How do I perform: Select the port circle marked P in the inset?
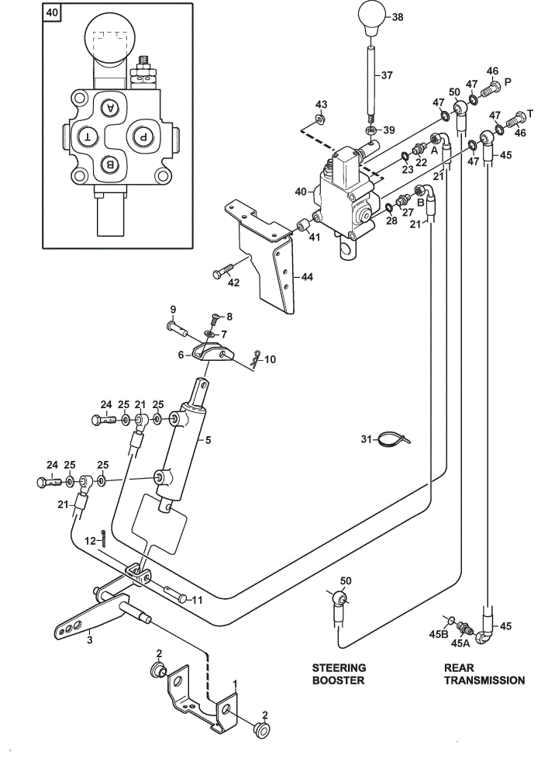(143, 137)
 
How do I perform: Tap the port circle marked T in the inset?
(88, 137)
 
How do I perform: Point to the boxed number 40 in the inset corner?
(52, 12)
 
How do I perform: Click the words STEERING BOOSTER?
(339, 674)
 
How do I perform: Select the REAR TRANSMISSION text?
(484, 674)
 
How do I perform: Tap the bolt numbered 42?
(223, 271)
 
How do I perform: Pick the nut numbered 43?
(320, 120)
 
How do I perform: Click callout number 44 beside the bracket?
(307, 277)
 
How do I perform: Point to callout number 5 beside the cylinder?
(208, 439)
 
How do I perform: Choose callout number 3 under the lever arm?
(89, 640)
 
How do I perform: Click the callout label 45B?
(438, 634)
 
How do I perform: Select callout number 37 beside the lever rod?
(387, 75)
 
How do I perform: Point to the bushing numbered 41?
(302, 226)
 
